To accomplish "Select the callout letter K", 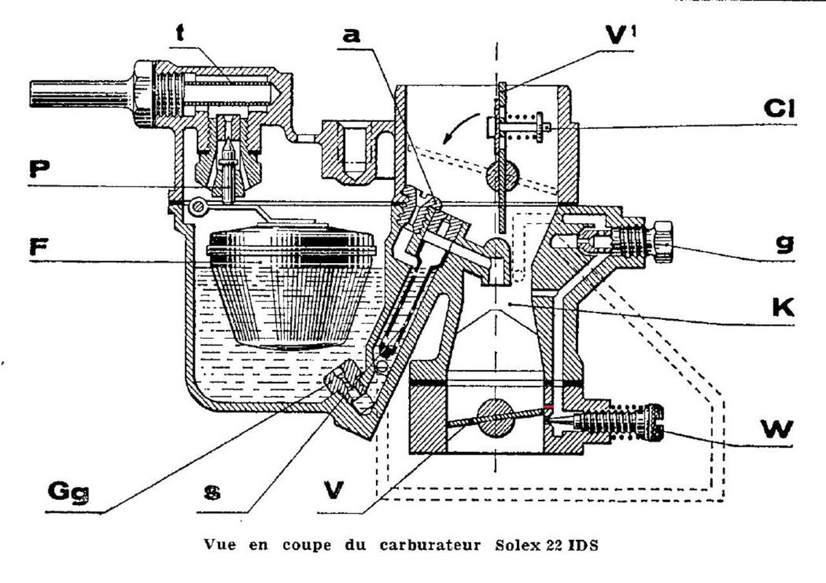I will pyautogui.click(x=783, y=308).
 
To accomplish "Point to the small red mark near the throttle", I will pyautogui.click(x=548, y=407).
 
